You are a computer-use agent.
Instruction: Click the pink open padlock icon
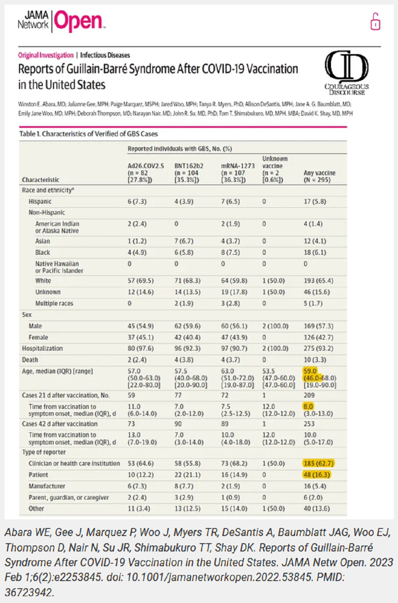coord(375,22)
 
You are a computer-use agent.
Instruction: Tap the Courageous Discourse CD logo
coord(346,72)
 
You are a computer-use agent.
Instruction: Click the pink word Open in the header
coord(78,21)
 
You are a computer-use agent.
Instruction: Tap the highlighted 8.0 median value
coord(309,407)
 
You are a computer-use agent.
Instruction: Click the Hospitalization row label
coord(42,348)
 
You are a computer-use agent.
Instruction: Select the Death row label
coord(30,360)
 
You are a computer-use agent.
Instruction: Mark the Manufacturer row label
coord(47,486)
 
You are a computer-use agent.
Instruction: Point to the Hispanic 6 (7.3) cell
coord(137,201)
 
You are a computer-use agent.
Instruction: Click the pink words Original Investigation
coord(46,55)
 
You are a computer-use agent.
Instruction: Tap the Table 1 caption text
coord(89,134)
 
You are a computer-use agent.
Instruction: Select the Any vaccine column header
coord(319,176)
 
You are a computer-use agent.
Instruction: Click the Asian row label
coord(42,241)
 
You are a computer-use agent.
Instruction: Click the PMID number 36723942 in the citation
coord(29,592)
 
